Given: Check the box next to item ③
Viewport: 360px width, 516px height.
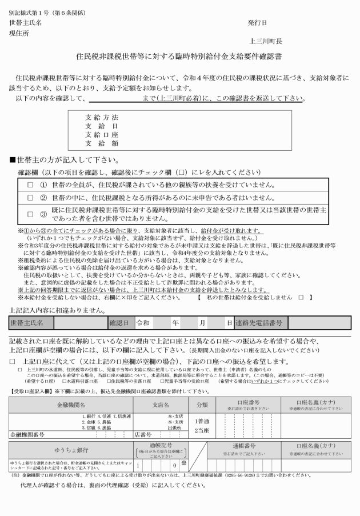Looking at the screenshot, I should pos(30,214).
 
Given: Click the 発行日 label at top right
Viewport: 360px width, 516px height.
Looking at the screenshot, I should pos(257,23).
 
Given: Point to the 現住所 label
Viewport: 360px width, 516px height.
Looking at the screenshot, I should pos(19,33).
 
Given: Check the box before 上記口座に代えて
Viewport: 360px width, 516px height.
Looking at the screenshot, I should pos(12,361).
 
